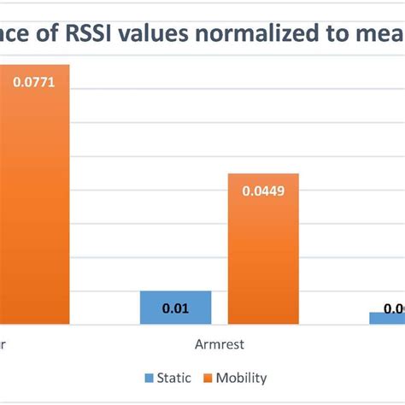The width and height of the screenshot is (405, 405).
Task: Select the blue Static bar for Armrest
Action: (175, 308)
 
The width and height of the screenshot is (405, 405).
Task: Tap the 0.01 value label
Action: (175, 308)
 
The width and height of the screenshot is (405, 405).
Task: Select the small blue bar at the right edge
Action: (387, 318)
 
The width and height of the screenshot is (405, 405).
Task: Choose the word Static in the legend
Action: (174, 377)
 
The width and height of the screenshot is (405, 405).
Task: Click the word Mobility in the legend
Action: (242, 377)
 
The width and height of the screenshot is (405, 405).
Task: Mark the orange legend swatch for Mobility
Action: (208, 377)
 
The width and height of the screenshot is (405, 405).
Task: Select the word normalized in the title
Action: (255, 35)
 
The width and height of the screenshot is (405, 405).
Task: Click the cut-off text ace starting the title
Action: (17, 35)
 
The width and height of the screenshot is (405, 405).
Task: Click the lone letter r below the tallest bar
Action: (3, 344)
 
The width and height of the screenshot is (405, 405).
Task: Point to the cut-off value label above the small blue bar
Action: (394, 308)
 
